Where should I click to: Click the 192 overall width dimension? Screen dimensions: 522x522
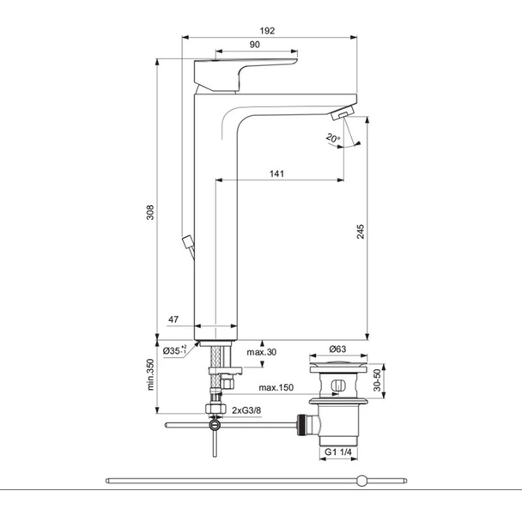267,31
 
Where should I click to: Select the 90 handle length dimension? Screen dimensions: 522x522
255,45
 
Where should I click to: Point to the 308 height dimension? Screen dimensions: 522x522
150,212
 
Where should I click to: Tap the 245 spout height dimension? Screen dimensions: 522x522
361,231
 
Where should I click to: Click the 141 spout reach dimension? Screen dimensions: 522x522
276,173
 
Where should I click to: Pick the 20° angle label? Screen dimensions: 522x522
333,138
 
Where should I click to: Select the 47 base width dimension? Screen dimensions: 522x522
173,319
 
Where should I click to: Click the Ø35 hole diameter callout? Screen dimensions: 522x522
175,350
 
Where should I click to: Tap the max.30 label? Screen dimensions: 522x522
262,352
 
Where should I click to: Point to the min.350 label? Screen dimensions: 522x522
150,374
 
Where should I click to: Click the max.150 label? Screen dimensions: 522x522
276,387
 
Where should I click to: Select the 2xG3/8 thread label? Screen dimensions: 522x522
246,410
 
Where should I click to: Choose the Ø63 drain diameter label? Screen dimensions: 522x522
337,349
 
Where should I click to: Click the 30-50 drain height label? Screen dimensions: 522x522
377,380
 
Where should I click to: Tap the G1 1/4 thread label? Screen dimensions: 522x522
338,452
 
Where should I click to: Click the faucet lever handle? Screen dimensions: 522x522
246,76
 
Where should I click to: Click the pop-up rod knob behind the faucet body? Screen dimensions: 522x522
188,242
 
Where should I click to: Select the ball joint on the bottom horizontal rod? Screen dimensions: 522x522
361,481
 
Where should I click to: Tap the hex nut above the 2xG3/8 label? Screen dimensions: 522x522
215,408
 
